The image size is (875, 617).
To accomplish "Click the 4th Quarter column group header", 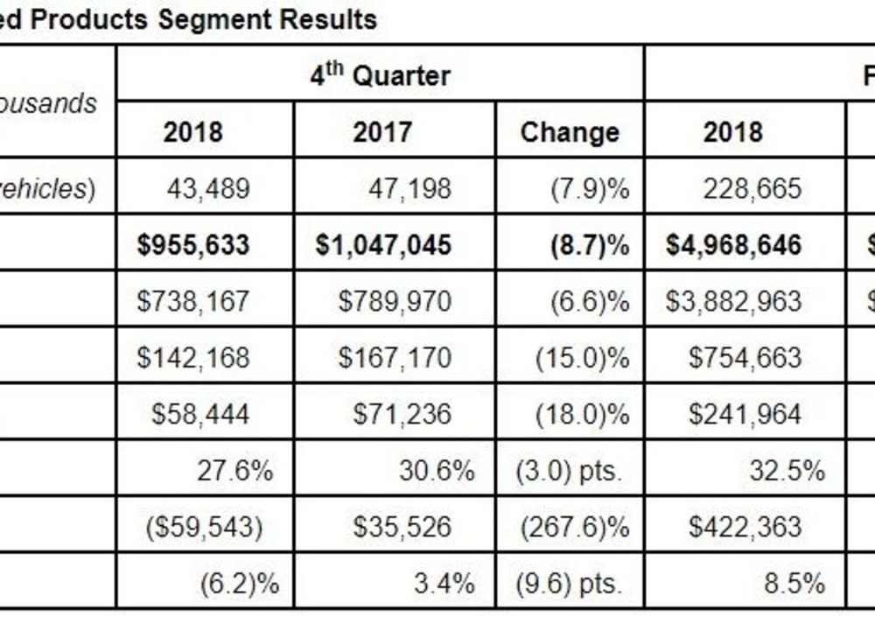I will click(380, 74).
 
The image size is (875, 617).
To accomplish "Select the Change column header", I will click(570, 132).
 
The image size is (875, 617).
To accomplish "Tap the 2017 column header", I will click(382, 132).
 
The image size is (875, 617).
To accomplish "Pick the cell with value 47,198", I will click(409, 188).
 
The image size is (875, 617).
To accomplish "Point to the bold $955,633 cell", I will click(193, 244).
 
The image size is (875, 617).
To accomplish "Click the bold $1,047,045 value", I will click(384, 244).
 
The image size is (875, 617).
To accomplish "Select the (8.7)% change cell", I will click(590, 244).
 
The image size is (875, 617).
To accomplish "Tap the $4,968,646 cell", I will click(733, 244).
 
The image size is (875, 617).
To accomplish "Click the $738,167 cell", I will click(193, 301).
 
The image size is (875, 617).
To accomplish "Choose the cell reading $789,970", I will click(395, 301).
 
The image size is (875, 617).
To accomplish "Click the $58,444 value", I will click(200, 413).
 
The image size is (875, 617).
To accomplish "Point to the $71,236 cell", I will click(402, 413).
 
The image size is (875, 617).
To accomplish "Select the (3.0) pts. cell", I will click(570, 470).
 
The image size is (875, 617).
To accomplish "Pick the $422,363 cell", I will click(745, 526).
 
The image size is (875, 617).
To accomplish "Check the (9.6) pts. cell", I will click(570, 583).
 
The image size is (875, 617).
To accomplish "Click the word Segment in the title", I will click(212, 18).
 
